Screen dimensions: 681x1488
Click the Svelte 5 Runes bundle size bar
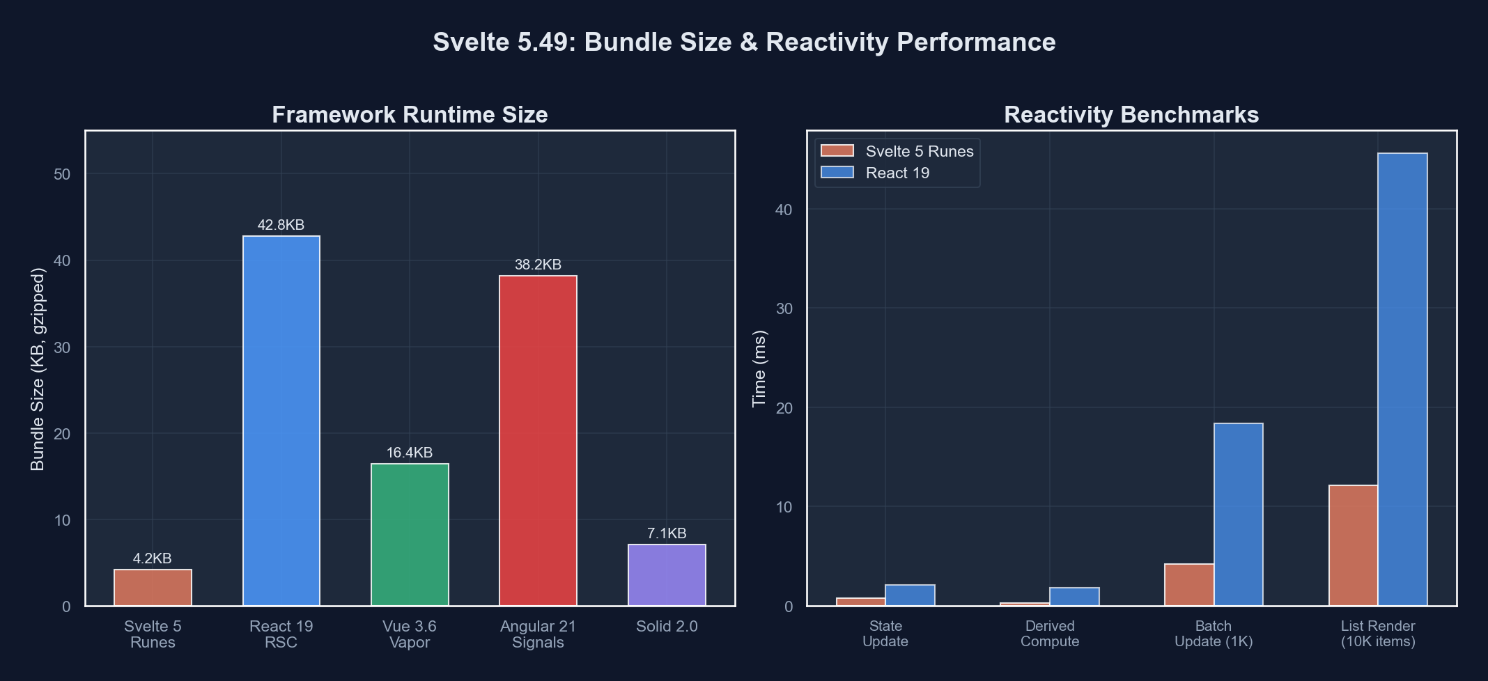[x=153, y=588]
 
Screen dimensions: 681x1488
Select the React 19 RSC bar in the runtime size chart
[x=281, y=421]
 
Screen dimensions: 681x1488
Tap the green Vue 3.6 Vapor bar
[x=410, y=534]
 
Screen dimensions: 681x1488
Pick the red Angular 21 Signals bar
[x=538, y=440]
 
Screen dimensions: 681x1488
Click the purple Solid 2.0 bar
[x=667, y=574]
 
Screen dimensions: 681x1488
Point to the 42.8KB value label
[x=281, y=225]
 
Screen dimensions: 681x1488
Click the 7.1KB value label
[x=667, y=533]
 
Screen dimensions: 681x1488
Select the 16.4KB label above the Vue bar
[x=410, y=453]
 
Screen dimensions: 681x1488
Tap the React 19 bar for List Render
[x=1402, y=379]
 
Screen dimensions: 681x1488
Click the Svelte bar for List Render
[x=1353, y=545]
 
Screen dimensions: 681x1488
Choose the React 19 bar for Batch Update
[x=1238, y=514]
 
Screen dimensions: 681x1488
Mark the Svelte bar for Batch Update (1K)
[x=1188, y=584]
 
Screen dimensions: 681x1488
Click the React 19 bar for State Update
[x=910, y=595]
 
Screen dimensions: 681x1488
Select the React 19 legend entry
[x=897, y=173]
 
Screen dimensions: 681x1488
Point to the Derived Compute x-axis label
[x=1049, y=634]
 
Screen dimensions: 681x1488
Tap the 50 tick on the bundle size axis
[x=62, y=174]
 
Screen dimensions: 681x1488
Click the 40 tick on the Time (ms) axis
[x=784, y=210]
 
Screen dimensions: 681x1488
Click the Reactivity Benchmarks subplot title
[x=1131, y=115]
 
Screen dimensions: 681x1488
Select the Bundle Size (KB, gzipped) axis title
[x=38, y=369]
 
